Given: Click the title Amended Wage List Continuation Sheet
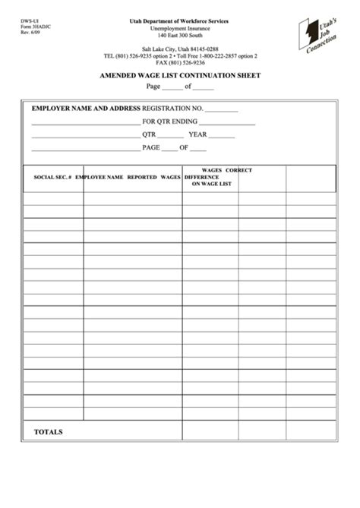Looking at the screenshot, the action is [x=180, y=75].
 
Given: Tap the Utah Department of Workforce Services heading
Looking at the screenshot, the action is [x=180, y=21].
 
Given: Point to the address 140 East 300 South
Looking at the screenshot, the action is [x=180, y=36].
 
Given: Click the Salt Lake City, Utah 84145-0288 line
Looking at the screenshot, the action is [x=180, y=49].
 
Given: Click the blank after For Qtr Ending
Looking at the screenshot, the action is [x=227, y=122].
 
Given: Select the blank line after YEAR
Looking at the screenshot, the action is [x=222, y=135].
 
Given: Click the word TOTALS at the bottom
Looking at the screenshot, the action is [x=48, y=432].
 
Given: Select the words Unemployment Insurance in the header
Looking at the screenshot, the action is [x=180, y=28].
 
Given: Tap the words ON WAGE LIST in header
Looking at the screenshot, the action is [x=211, y=184].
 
